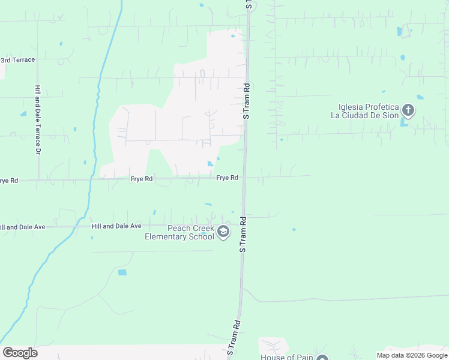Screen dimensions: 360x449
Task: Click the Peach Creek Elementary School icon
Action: (223, 232)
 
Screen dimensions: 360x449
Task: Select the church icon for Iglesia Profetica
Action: (408, 110)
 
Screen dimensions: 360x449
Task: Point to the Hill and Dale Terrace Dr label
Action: (37, 119)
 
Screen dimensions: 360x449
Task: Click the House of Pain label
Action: (287, 357)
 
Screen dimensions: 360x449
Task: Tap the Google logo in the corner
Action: (20, 353)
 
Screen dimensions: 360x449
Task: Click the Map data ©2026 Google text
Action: (411, 355)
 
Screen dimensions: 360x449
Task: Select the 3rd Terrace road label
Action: (17, 60)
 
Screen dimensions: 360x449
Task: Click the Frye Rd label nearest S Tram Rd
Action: (228, 178)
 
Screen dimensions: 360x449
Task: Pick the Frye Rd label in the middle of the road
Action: (142, 179)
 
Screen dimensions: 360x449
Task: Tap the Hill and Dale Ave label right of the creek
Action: (116, 226)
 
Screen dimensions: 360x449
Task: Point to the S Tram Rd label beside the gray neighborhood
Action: (246, 101)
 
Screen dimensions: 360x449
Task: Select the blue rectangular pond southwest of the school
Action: (122, 272)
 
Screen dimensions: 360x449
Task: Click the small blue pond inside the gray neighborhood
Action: (209, 164)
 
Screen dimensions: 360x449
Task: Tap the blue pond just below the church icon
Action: (404, 122)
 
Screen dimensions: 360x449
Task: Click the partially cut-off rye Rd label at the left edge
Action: (9, 180)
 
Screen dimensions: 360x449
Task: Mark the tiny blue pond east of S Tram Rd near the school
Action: (294, 229)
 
